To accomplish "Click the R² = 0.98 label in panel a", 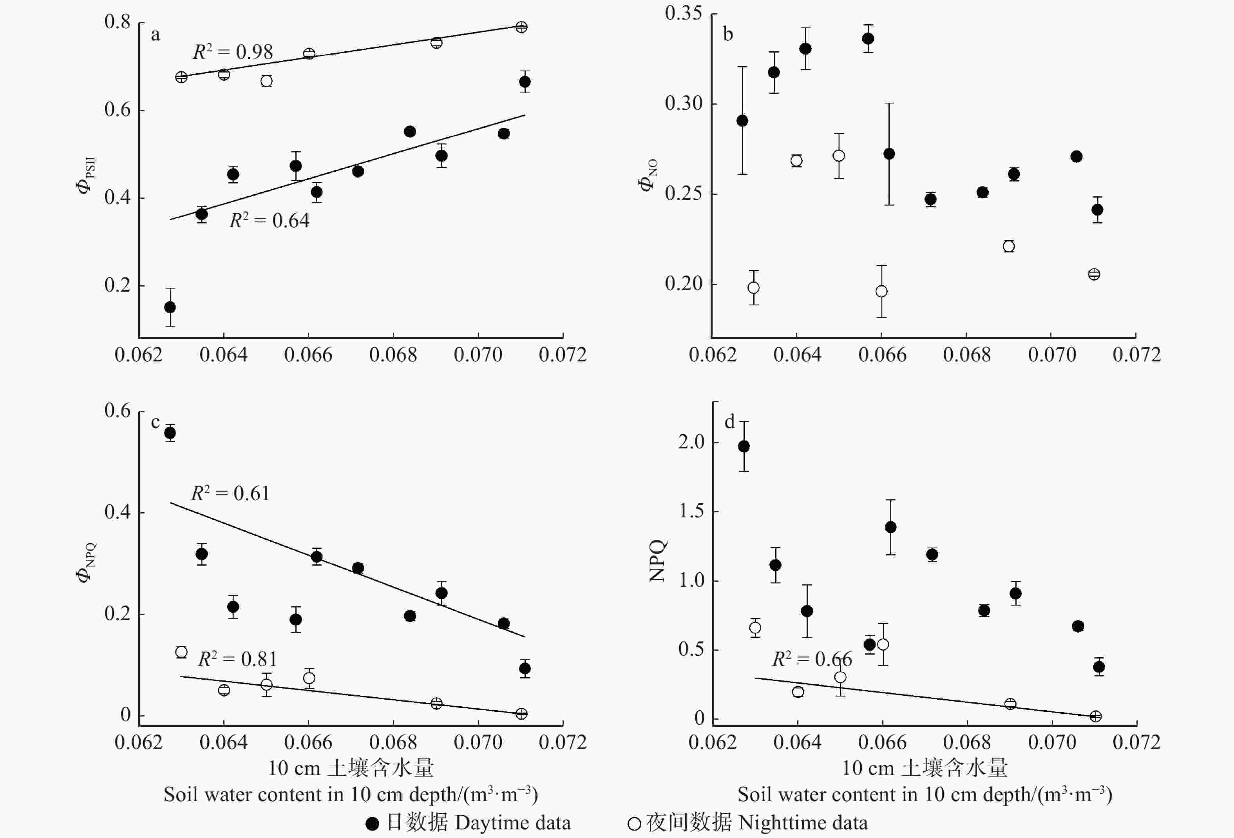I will click(x=233, y=52).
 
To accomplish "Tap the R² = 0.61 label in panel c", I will click(x=230, y=493).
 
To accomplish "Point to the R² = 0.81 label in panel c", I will click(x=237, y=659).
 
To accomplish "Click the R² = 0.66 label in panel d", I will click(x=811, y=659).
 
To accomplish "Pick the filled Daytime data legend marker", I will click(x=372, y=823).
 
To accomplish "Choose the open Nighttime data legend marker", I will click(x=634, y=823).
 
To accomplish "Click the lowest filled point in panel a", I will click(x=170, y=307).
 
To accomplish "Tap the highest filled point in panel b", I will click(x=868, y=38).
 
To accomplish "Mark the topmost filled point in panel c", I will click(x=170, y=433).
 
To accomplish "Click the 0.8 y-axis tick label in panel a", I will click(x=118, y=22).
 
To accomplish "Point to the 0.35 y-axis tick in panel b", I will click(x=683, y=13).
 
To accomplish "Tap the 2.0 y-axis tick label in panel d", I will click(x=691, y=442).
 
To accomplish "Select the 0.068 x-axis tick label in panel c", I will click(x=393, y=742).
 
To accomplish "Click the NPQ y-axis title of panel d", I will click(x=657, y=560).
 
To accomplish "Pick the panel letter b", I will click(x=728, y=34).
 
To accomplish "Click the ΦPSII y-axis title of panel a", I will click(x=85, y=175).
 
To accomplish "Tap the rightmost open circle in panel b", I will click(x=1094, y=274).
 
